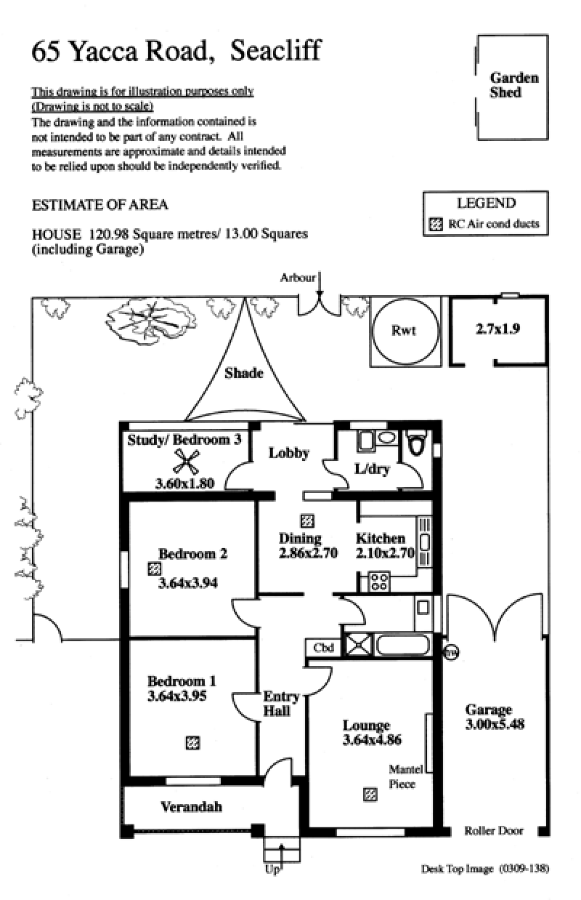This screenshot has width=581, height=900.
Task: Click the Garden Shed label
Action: click(514, 85)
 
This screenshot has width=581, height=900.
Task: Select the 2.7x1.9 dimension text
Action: click(497, 328)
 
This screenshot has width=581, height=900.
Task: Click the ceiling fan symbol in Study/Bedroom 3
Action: click(187, 460)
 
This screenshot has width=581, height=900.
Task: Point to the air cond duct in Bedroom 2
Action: click(154, 568)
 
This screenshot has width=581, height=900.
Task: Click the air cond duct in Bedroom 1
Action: click(192, 743)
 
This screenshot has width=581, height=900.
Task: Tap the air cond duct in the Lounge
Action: click(370, 795)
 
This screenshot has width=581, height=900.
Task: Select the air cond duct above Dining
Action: click(308, 521)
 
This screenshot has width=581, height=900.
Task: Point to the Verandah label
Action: click(191, 807)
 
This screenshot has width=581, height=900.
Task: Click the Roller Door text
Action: click(494, 831)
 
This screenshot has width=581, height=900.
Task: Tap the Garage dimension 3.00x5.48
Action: click(495, 724)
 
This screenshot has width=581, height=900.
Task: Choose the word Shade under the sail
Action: click(243, 373)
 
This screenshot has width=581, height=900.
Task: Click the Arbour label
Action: click(298, 278)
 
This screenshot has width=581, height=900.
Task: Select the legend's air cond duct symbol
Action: click(436, 225)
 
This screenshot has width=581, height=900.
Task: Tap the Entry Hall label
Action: click(277, 703)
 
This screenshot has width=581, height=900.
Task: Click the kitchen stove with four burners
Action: click(379, 582)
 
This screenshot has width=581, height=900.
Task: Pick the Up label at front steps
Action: click(272, 869)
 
